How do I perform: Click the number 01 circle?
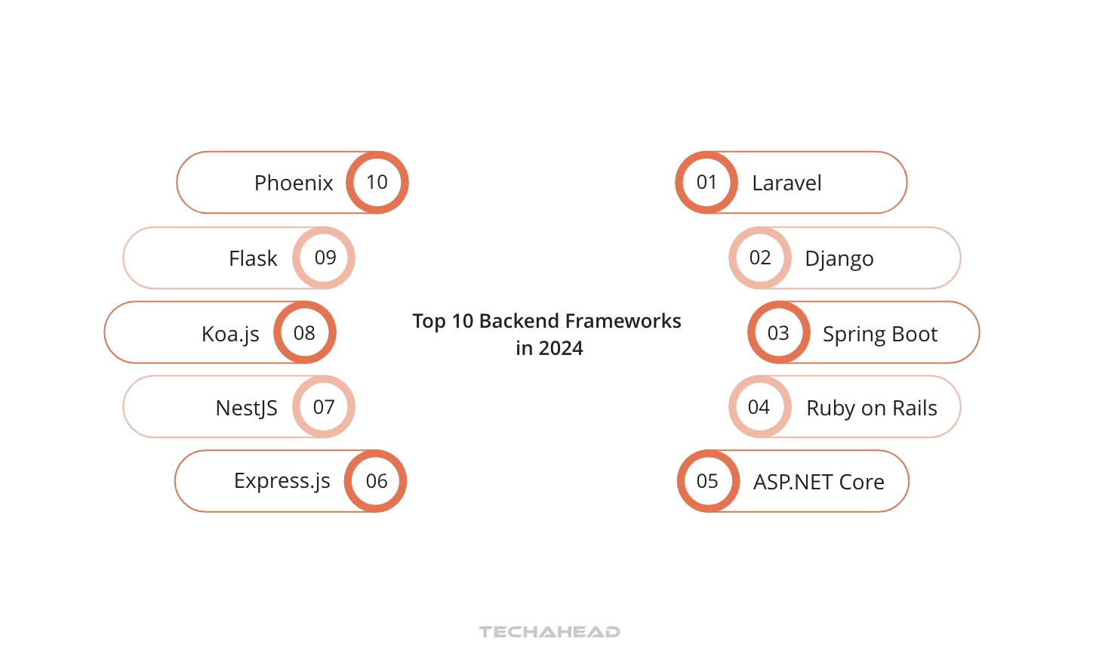706,182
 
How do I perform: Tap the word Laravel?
787,183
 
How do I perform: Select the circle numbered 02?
760,258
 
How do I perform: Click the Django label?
839,259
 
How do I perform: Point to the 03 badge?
778,333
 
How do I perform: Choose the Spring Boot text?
880,334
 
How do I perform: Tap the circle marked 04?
759,407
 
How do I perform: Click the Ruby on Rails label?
872,408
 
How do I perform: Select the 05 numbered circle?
708,481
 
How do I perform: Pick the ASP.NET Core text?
819,482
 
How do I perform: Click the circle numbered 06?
376,481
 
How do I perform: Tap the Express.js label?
282,481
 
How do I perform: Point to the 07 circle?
324,407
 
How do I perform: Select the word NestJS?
247,408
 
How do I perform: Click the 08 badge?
304,333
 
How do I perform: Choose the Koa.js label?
230,334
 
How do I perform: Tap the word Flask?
253,258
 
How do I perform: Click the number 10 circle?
377,182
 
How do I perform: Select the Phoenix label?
294,183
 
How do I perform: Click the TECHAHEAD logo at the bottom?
549,631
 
